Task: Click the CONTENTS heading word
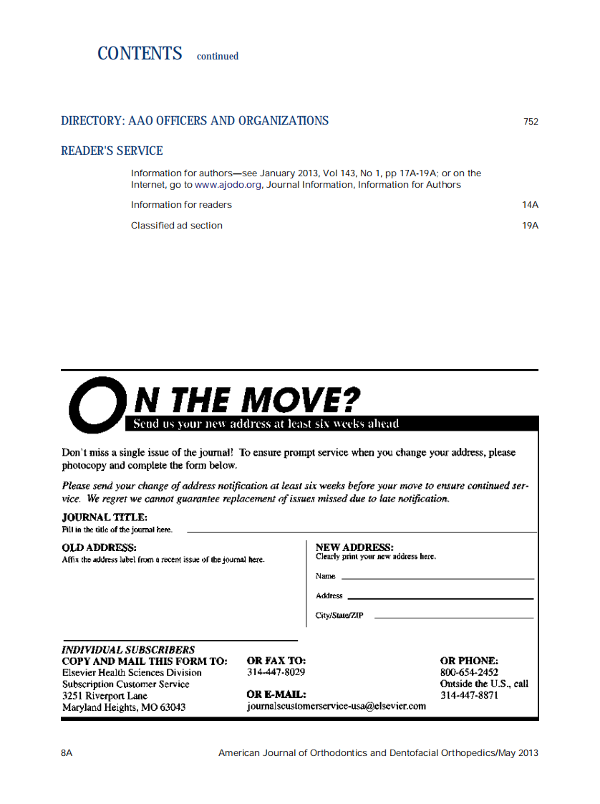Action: [140, 54]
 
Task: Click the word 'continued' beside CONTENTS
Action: [218, 56]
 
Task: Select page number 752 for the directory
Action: [531, 122]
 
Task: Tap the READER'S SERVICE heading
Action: [112, 150]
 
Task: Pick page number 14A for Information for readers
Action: [530, 205]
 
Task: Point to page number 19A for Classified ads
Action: [530, 226]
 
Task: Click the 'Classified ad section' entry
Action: [176, 226]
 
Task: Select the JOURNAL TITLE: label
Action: [105, 517]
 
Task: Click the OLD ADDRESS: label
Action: [99, 548]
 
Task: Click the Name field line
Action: [437, 578]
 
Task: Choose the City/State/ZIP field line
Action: [453, 617]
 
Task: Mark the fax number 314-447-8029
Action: [276, 672]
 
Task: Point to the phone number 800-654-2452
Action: [469, 672]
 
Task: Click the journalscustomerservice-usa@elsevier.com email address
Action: [336, 706]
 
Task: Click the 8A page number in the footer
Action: [67, 753]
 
